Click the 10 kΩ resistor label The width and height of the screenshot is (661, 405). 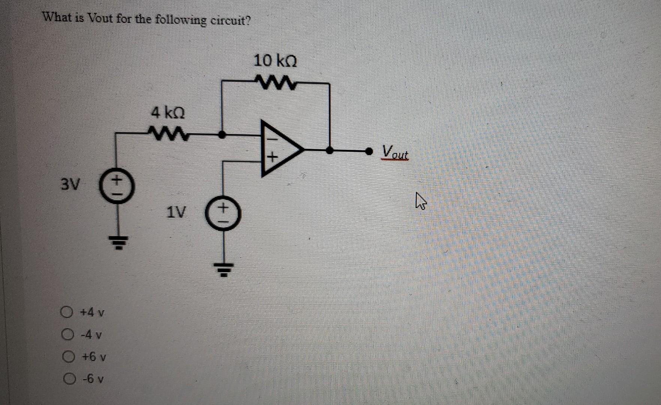tap(275, 61)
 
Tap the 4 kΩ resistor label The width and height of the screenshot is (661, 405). tap(167, 112)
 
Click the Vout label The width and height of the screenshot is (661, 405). tap(395, 152)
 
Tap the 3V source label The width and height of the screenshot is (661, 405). tap(70, 184)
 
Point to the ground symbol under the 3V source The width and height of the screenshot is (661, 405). tap(117, 242)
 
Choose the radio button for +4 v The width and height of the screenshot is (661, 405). tap(67, 312)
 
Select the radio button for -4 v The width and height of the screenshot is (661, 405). tap(67, 334)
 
